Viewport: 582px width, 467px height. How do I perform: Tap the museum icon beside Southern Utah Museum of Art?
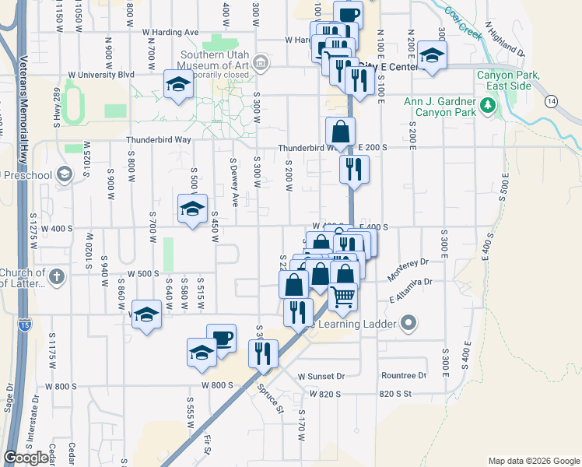[x=261, y=61]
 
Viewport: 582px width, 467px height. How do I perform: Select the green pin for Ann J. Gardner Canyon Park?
[x=488, y=105]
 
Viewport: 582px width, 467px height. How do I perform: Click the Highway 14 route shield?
[x=552, y=101]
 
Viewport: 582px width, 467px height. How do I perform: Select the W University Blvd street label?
[x=102, y=75]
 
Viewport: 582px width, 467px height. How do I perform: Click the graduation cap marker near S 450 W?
[x=192, y=209]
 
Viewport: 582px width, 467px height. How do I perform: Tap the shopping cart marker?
[x=342, y=297]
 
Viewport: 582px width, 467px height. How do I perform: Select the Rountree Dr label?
[x=404, y=375]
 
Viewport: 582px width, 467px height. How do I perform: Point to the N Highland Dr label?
[x=505, y=40]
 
